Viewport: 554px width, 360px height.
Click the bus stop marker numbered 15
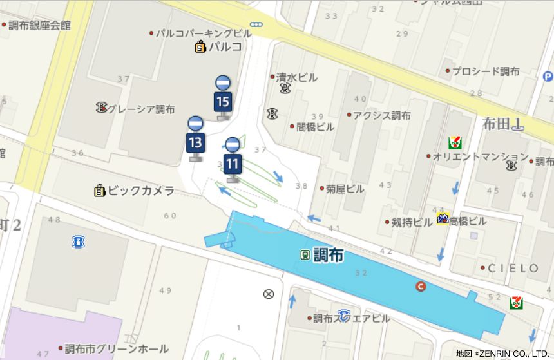pyautogui.click(x=223, y=97)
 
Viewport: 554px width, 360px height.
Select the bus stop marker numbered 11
pyautogui.click(x=233, y=158)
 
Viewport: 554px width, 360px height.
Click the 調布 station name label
pyautogui.click(x=328, y=255)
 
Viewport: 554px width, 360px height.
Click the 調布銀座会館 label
pyautogui.click(x=39, y=26)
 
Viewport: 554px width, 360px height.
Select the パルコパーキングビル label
pyautogui.click(x=204, y=32)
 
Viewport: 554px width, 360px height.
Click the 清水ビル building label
pyautogui.click(x=296, y=77)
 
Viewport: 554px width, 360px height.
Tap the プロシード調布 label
pyautogui.click(x=485, y=71)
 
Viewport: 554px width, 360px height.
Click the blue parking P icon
pyautogui.click(x=547, y=77)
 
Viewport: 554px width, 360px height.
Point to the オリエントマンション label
pyautogui.click(x=480, y=156)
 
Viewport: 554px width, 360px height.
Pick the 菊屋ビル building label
pyautogui.click(x=345, y=189)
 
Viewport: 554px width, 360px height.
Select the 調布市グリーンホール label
pyautogui.click(x=117, y=349)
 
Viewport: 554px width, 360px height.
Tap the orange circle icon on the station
pyautogui.click(x=421, y=287)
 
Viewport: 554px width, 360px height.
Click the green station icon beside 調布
pyautogui.click(x=304, y=254)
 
